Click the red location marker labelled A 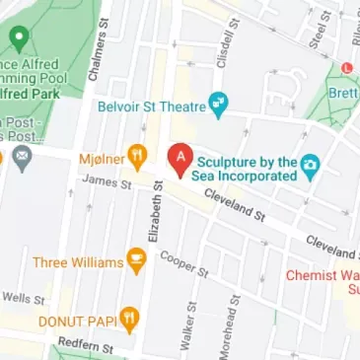[180, 159]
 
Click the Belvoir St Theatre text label [151, 103]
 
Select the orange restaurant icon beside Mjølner [137, 155]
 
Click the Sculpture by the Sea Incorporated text [247, 168]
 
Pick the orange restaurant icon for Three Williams [137, 262]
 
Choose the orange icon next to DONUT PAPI [129, 319]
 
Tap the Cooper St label [185, 262]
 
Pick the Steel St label [317, 35]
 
